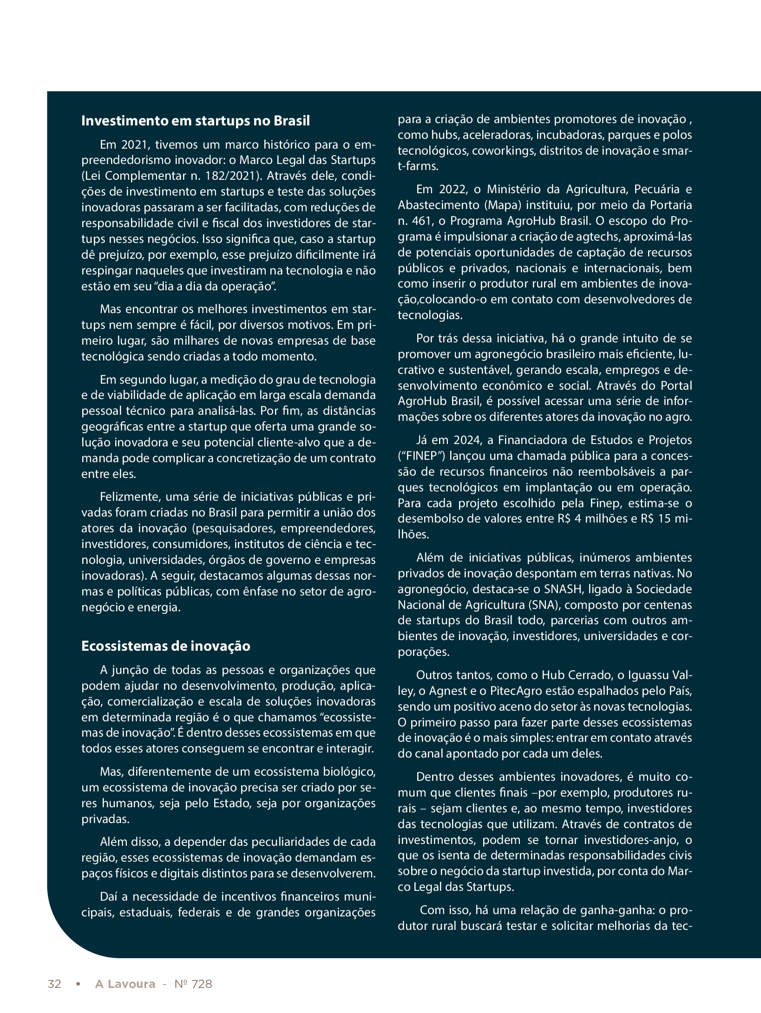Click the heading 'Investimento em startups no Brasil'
point(195,121)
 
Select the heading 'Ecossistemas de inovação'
point(165,646)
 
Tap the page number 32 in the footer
point(54,984)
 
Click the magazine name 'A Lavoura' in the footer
point(125,984)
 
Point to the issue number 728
point(202,984)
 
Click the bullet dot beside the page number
point(78,984)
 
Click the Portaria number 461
point(421,221)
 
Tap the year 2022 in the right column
point(452,190)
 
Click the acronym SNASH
point(563,589)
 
